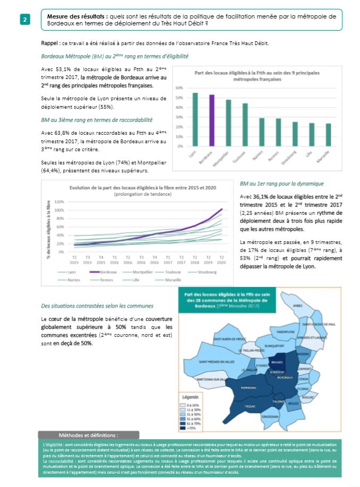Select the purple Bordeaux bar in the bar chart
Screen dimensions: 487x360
point(212,120)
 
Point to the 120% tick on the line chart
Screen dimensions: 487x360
point(59,202)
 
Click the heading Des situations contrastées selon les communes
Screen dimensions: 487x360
point(97,306)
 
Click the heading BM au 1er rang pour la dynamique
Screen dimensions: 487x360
point(281,184)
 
